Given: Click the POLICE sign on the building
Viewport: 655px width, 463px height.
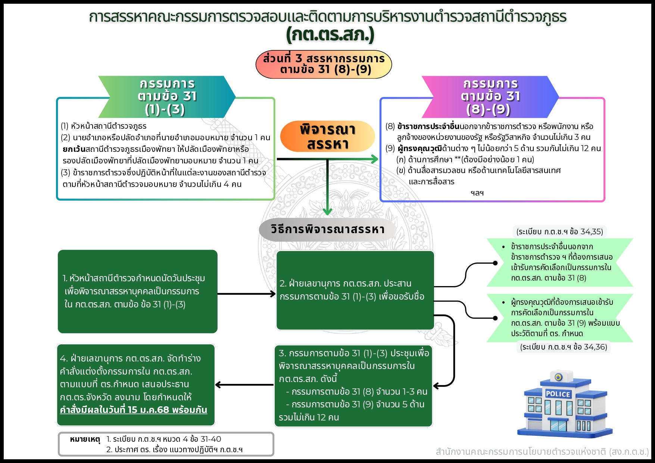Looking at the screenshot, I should point(558,394).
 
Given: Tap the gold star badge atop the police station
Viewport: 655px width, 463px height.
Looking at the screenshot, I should point(558,377).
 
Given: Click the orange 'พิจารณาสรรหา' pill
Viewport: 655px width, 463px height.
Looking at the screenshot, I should point(327,136).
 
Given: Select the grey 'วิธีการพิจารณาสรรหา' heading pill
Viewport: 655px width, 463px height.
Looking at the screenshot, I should point(327,229).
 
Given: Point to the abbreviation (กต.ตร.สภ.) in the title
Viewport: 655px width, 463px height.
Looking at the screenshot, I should point(330,35).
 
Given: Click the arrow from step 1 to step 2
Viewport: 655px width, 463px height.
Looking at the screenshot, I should point(246,294).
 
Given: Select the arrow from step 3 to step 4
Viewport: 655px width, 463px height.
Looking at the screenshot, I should point(244,385).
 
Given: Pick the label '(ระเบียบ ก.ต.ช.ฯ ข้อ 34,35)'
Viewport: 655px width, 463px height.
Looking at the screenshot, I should point(559,232).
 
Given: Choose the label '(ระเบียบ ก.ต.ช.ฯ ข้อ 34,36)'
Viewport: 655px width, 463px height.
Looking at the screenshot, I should point(564,347).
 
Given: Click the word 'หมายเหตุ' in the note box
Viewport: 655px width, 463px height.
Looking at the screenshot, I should point(85,439).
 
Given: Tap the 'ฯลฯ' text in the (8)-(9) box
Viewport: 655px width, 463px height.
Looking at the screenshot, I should point(477,193).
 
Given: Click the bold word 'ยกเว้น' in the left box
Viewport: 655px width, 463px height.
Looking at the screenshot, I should point(74,149).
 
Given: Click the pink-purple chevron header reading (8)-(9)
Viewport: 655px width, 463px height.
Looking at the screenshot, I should point(490,97).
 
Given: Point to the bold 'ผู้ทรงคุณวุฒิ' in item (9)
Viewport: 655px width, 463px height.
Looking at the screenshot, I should point(420,148).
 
